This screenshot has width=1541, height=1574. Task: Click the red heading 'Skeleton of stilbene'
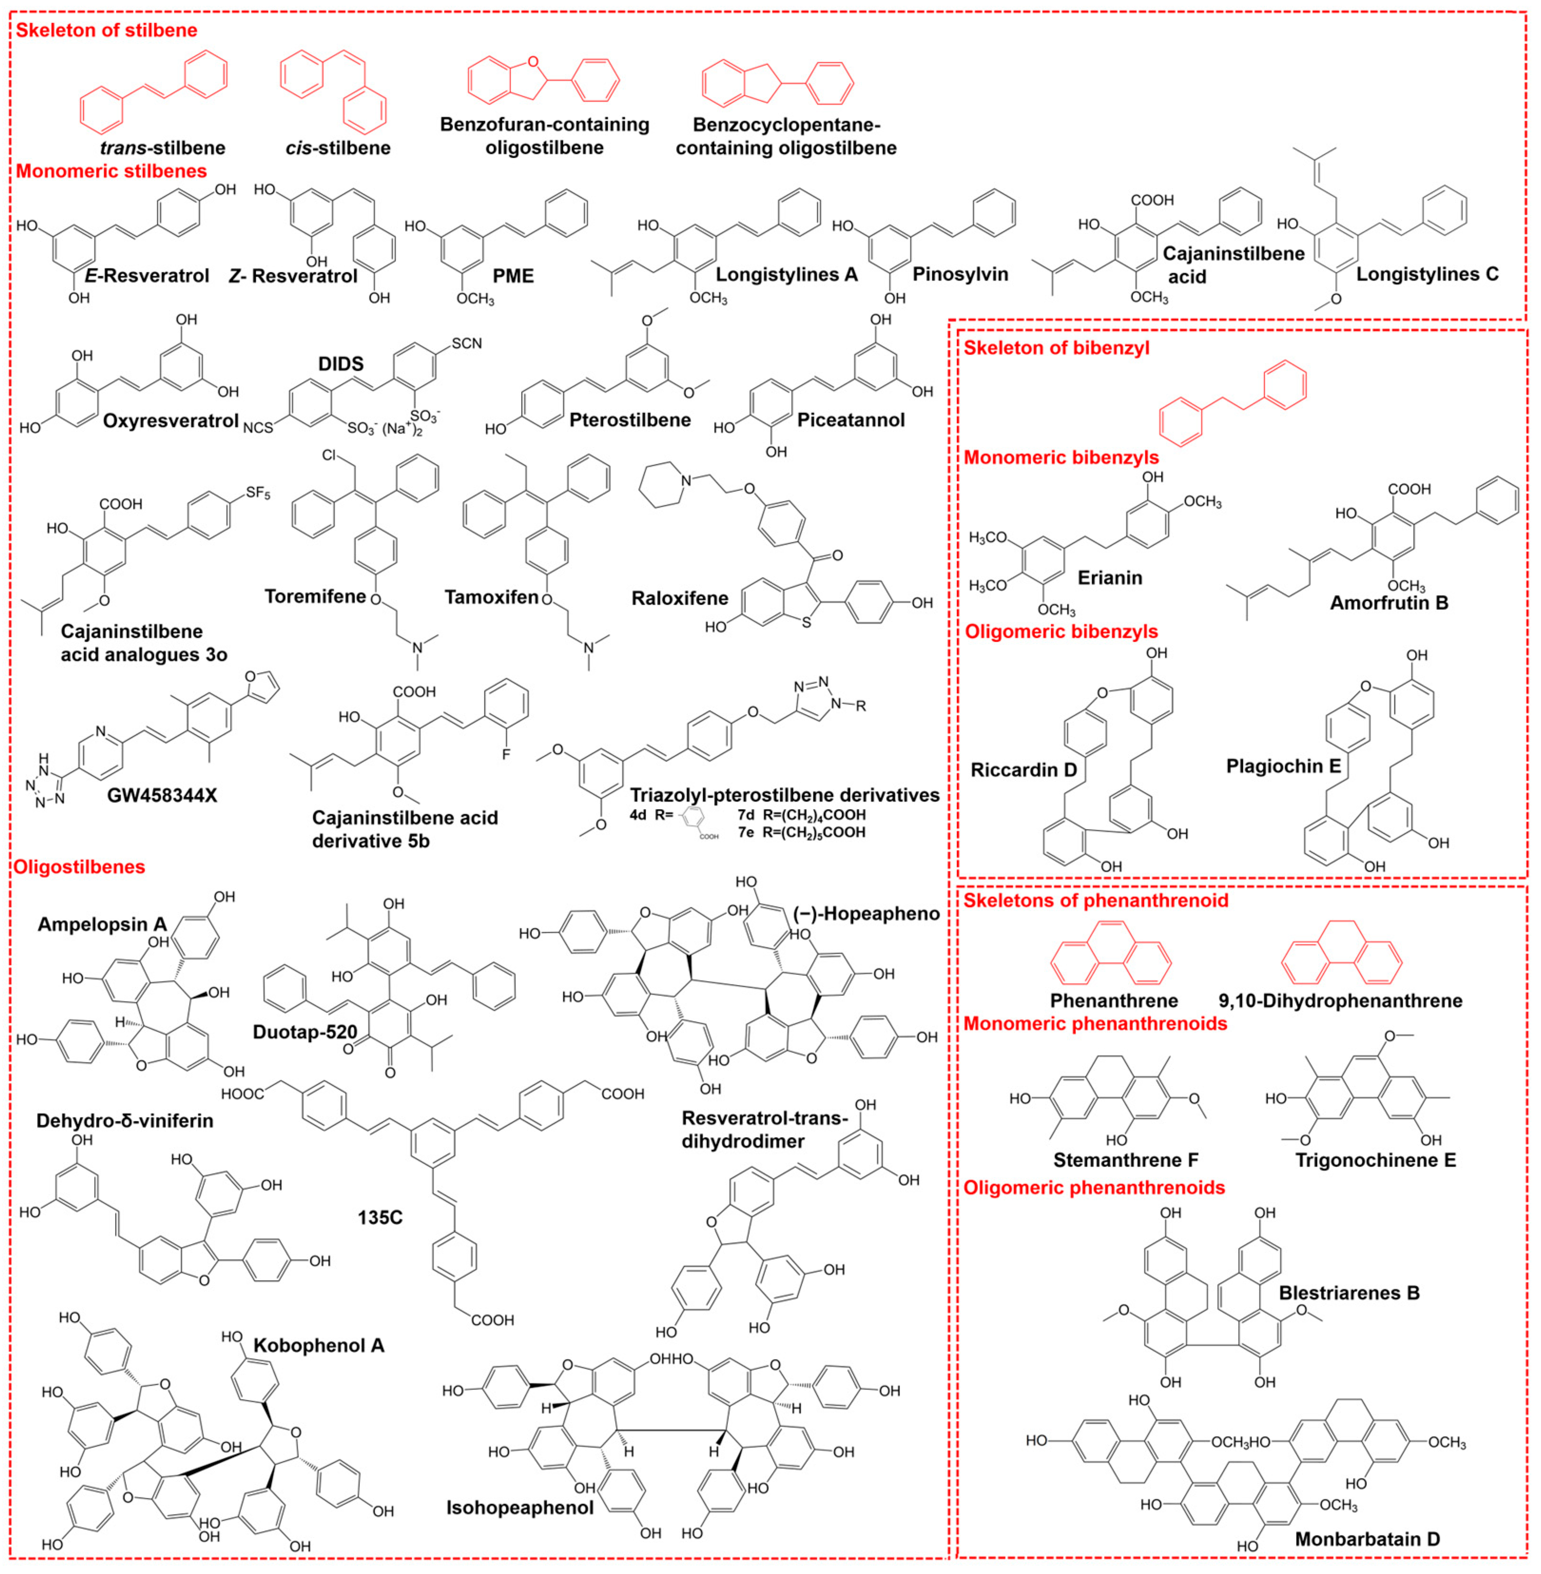click(106, 31)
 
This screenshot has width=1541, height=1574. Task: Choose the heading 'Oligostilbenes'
click(79, 867)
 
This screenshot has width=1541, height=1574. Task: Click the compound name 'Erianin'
click(1110, 578)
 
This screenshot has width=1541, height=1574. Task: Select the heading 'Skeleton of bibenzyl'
click(1056, 348)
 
